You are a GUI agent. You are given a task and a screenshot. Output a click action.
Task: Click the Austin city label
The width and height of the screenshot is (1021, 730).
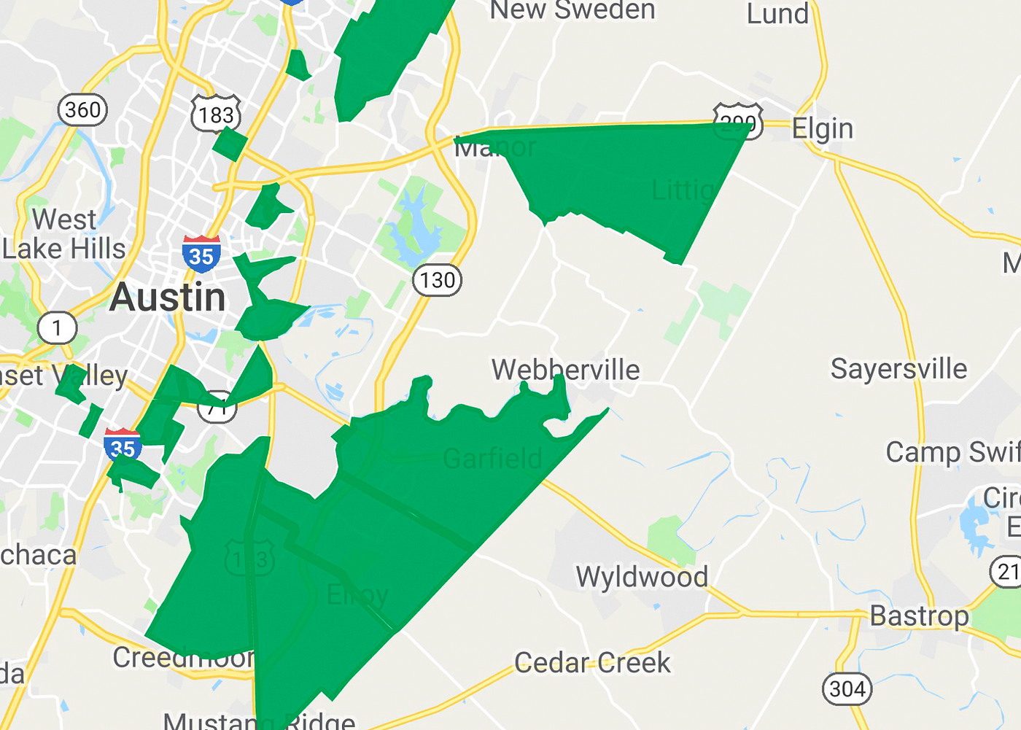click(x=168, y=298)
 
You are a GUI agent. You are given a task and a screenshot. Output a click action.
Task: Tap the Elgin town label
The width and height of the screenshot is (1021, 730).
click(x=822, y=129)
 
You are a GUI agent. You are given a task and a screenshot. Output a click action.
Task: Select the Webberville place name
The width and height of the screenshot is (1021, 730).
click(x=565, y=370)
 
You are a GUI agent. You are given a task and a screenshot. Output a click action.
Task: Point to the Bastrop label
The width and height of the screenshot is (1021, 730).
click(x=919, y=616)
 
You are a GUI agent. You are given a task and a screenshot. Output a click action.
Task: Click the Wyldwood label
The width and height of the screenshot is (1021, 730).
click(x=642, y=577)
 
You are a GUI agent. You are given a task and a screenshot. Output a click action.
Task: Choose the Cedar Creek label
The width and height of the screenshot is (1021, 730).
click(x=592, y=663)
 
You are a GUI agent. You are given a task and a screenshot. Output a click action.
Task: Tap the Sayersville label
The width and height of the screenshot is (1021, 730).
click(x=898, y=369)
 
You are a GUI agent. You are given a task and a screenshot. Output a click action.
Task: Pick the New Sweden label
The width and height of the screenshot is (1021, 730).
click(x=572, y=10)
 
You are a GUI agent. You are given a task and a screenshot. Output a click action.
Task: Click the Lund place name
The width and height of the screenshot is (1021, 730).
click(x=777, y=13)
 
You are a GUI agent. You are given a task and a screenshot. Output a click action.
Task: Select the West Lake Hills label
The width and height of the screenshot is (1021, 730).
click(x=64, y=234)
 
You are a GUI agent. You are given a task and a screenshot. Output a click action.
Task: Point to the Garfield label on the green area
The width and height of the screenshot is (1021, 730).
click(x=492, y=459)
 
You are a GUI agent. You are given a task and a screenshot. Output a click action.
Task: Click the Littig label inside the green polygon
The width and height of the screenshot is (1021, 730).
click(x=683, y=190)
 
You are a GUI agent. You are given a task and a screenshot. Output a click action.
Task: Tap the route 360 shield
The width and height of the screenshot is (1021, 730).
click(x=82, y=110)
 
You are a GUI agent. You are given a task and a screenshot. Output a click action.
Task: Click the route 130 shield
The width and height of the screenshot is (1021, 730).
click(x=437, y=280)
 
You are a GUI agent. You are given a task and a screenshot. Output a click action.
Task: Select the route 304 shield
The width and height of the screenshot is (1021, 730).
click(x=847, y=688)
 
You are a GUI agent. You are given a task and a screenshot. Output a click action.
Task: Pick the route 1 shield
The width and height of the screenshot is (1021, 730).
click(x=57, y=328)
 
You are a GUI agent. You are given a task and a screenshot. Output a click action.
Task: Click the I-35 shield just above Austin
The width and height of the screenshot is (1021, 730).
click(x=201, y=254)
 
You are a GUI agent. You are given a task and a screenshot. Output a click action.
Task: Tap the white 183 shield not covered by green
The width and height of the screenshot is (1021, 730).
click(x=216, y=114)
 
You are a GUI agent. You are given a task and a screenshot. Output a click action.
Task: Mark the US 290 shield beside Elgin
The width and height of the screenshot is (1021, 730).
click(x=738, y=122)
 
